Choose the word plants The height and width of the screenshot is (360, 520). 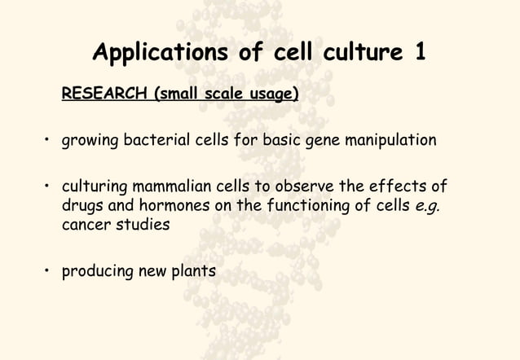pos(193,270)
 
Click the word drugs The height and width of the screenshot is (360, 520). pos(84,205)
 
